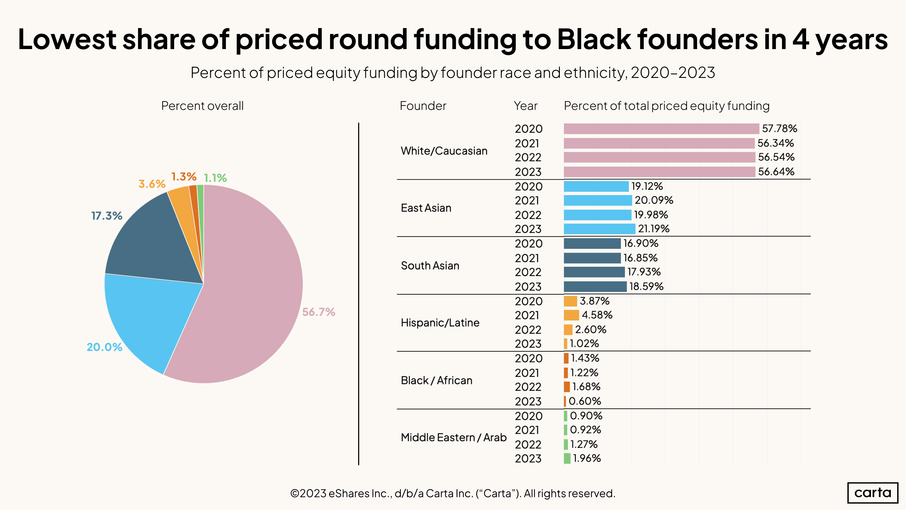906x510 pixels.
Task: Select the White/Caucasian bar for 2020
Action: coord(661,129)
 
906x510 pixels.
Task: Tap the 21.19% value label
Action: coord(653,229)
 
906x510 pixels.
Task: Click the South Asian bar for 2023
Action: coord(595,286)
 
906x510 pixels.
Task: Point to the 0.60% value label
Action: coord(585,401)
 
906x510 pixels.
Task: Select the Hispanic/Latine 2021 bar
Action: coord(571,315)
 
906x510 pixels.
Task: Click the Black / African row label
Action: coord(436,380)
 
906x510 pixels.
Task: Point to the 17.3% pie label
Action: coord(107,216)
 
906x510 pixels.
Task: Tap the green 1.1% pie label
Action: coord(215,178)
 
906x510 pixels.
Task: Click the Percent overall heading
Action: coord(202,106)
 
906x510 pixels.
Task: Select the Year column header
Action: coord(525,106)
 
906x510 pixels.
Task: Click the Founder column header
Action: coord(423,106)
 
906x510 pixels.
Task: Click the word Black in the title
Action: coord(594,39)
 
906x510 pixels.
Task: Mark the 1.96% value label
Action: coord(587,458)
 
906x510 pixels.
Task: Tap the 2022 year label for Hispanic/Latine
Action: coord(528,330)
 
